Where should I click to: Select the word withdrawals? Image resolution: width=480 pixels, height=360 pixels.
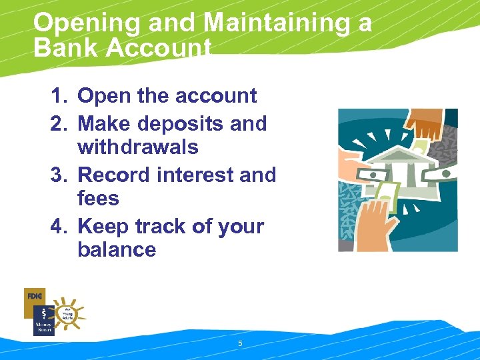(x=138, y=147)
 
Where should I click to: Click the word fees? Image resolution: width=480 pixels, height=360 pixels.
(x=98, y=198)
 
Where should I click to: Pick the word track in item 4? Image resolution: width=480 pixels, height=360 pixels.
(x=163, y=227)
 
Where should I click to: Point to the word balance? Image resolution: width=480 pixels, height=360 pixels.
(x=117, y=250)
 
